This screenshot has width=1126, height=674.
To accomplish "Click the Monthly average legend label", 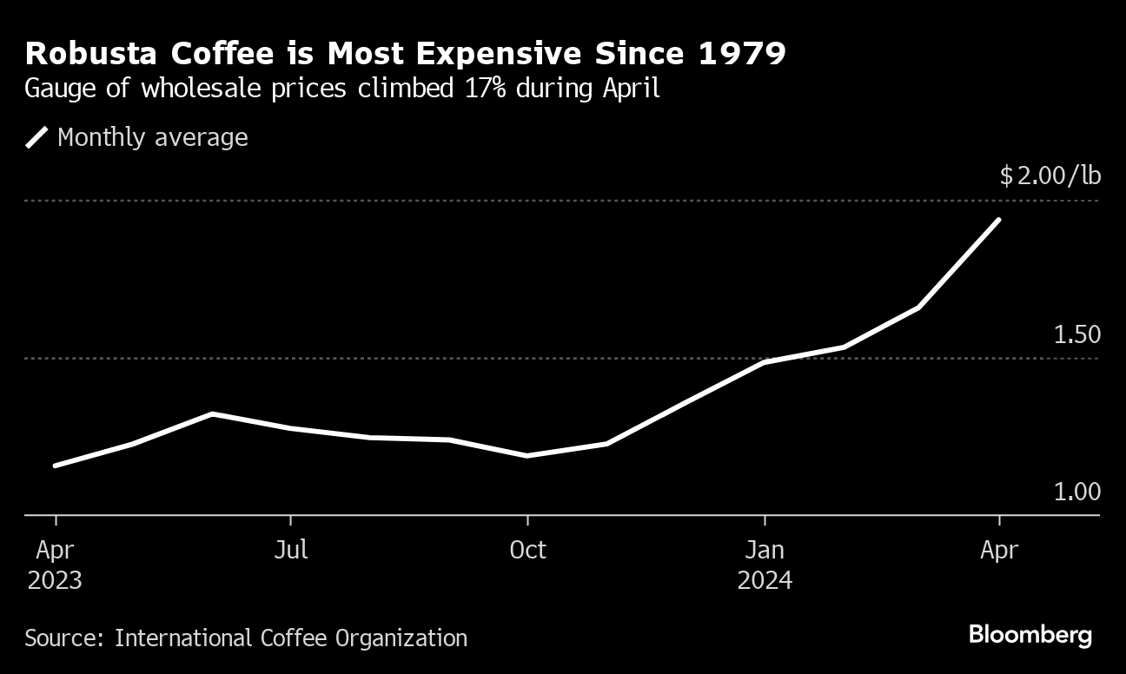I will tap(152, 137).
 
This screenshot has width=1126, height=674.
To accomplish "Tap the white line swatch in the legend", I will tap(37, 137).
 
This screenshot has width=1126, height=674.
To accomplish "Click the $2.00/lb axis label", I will tap(1050, 176).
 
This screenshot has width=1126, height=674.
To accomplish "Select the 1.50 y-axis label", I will tap(1076, 335).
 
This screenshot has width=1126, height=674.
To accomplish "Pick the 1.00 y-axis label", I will tap(1076, 492).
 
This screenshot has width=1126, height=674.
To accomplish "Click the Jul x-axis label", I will tap(290, 550).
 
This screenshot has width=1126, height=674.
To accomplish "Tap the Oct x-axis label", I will tap(527, 550).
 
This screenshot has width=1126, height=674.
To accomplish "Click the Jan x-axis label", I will tap(765, 550).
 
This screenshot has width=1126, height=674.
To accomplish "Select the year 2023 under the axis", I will tap(55, 580).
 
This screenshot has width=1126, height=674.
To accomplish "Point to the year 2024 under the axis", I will tap(765, 580).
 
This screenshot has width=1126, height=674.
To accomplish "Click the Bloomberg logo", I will tap(1030, 635).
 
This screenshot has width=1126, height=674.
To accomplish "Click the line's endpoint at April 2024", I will tap(999, 220).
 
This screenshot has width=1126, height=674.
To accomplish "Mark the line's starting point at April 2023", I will tap(56, 466).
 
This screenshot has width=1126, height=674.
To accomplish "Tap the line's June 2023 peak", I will tap(212, 413).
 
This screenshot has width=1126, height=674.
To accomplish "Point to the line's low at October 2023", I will tap(527, 455).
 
